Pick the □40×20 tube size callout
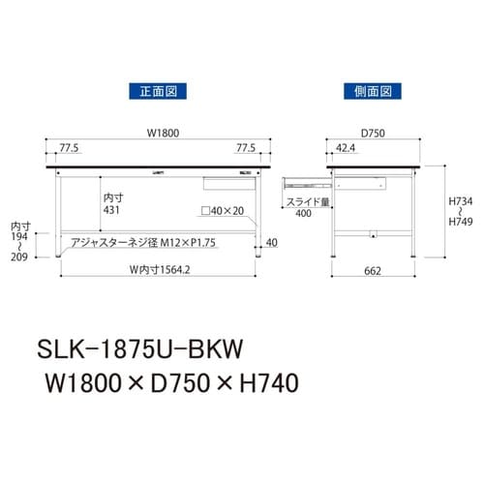coord(223,210)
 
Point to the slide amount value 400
coord(303,213)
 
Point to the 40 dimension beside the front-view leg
coord(272,242)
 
